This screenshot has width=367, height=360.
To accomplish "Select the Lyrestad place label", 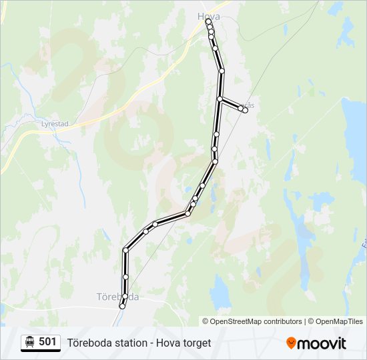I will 55,123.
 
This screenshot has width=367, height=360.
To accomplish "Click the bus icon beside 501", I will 30,342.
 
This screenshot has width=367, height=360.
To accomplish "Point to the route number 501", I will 47,342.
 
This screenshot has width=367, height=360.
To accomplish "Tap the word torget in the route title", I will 196,343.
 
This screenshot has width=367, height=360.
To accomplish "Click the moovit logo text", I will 322,343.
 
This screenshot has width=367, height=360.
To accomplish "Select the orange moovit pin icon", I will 291,343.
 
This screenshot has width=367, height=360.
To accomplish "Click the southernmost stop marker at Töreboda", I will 122,306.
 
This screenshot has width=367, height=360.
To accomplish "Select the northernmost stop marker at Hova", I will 208,21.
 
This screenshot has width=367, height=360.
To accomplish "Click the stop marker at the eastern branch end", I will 246,110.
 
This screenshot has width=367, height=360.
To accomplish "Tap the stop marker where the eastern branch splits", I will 220,99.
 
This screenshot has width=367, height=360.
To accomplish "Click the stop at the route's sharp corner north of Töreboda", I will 125,251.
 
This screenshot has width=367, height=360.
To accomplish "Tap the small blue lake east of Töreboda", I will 220,290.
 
